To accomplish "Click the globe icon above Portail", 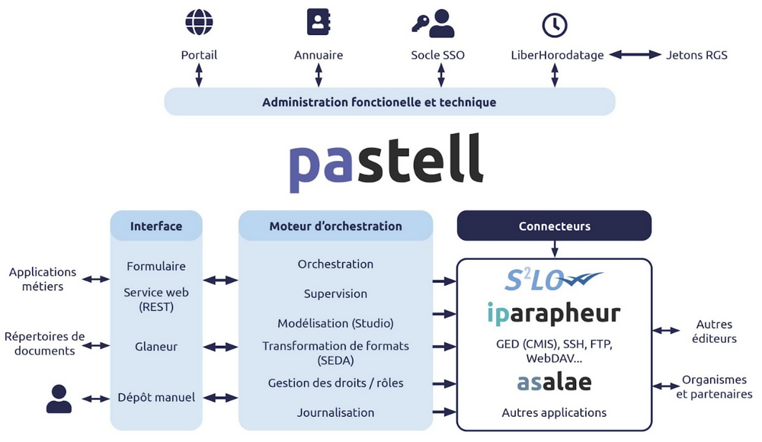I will pyautogui.click(x=199, y=22).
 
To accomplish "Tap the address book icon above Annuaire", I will pyautogui.click(x=319, y=22).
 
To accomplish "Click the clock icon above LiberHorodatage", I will pyautogui.click(x=555, y=24).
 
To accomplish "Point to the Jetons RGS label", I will pyautogui.click(x=696, y=55).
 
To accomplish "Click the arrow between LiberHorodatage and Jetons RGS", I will pyautogui.click(x=635, y=55).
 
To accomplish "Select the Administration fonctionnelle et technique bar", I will pyautogui.click(x=389, y=102).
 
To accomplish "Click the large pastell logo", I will pyautogui.click(x=386, y=162).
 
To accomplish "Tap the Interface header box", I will pyautogui.click(x=156, y=226).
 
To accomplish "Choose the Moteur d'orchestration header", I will pyautogui.click(x=335, y=226).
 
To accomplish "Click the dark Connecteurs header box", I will pyautogui.click(x=554, y=226).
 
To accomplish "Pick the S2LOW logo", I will pyautogui.click(x=554, y=280).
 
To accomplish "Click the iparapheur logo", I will pyautogui.click(x=554, y=313).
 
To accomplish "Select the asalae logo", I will pyautogui.click(x=554, y=381).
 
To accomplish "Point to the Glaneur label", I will pyautogui.click(x=156, y=346).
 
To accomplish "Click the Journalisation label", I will pyautogui.click(x=335, y=412).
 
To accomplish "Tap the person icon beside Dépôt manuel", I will pyautogui.click(x=59, y=399).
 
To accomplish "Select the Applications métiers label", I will pyautogui.click(x=43, y=279).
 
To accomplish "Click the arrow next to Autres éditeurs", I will pyautogui.click(x=668, y=331).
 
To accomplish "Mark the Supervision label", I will pyautogui.click(x=335, y=293).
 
